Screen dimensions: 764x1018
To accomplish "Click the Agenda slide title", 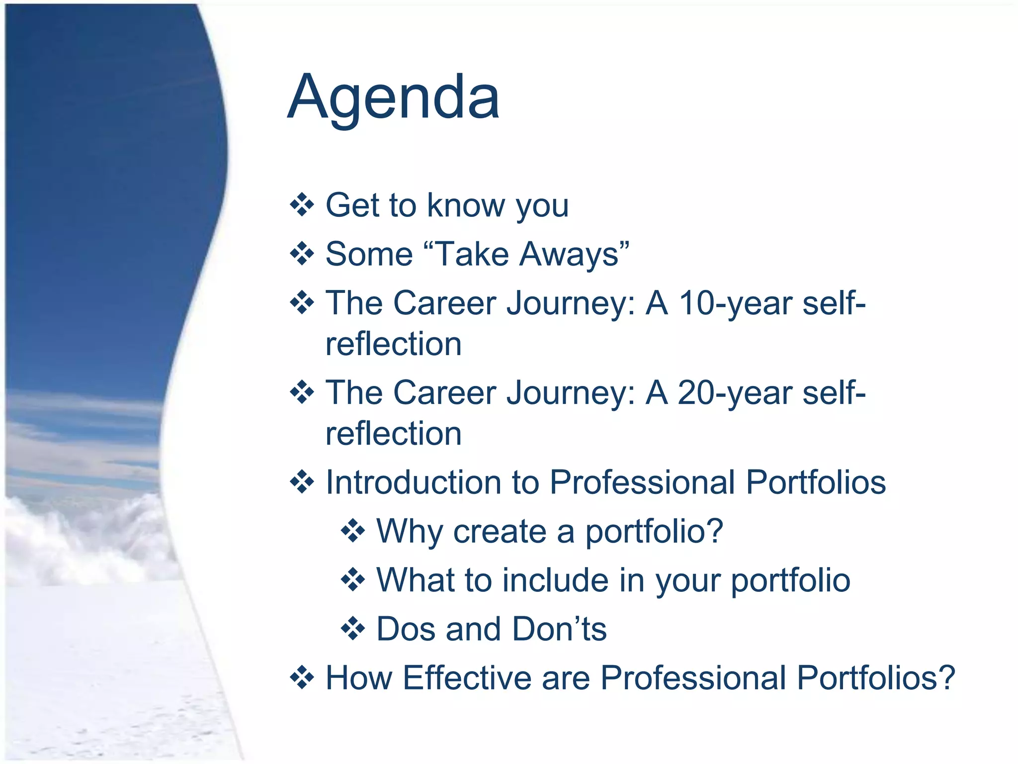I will coord(393,97).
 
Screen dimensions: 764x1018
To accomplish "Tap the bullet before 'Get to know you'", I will coord(302,205).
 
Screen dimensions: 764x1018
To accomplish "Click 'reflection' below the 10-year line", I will coord(393,344).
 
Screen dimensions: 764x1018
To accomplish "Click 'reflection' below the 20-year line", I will coord(393,433).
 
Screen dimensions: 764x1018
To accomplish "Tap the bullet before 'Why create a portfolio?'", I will coord(353,531).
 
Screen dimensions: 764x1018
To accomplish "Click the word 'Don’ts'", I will coord(559,629).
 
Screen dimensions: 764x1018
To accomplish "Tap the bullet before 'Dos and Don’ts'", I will coord(353,629).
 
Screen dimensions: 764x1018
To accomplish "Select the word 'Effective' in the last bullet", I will coord(467,677).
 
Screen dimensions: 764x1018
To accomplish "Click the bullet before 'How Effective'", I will coord(302,677).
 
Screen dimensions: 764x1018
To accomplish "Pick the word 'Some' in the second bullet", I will coord(369,254).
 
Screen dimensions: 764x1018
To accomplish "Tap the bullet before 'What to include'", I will coord(353,580).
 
